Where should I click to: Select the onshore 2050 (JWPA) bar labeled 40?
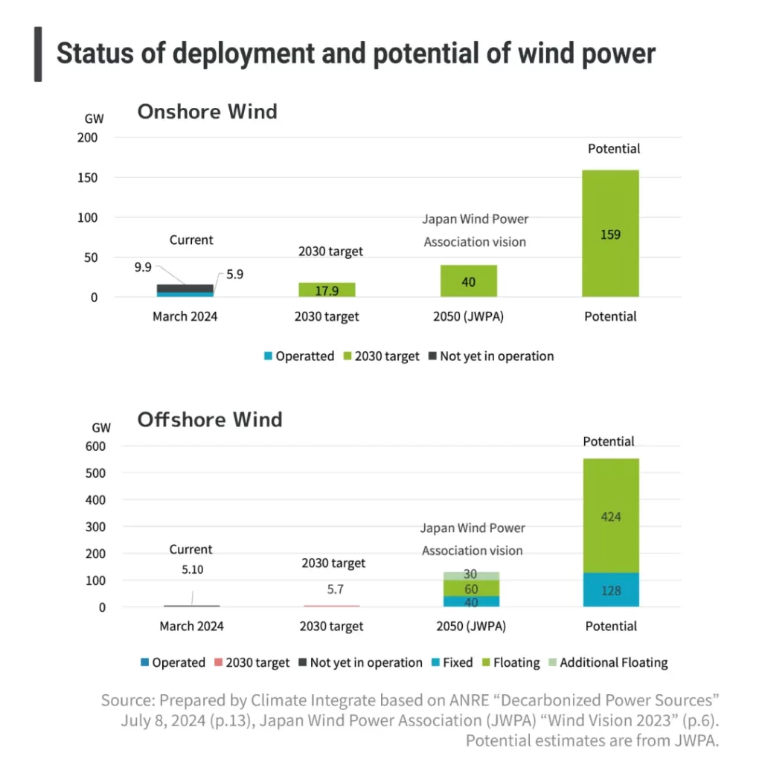coord(468,281)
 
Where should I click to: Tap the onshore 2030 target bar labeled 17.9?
coord(327,290)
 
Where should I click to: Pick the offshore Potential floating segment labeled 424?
coord(610,516)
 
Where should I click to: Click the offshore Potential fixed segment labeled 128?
coord(610,590)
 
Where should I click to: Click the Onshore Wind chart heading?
coord(207,112)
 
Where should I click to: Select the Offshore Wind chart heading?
coord(210,420)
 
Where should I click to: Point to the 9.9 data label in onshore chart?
coord(144,267)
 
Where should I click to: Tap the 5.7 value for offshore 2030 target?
coord(335,589)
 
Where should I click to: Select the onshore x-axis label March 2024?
coord(185,316)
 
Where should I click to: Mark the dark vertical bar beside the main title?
coord(38,54)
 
